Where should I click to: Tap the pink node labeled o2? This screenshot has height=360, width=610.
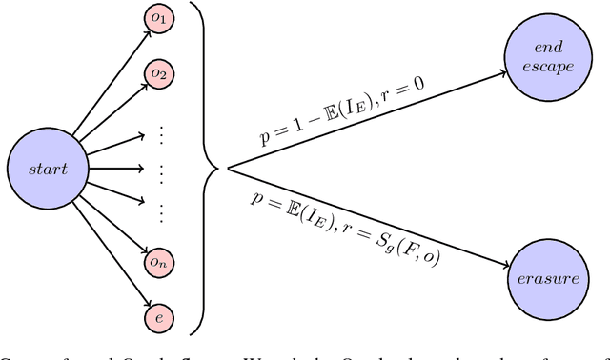coord(158,73)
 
